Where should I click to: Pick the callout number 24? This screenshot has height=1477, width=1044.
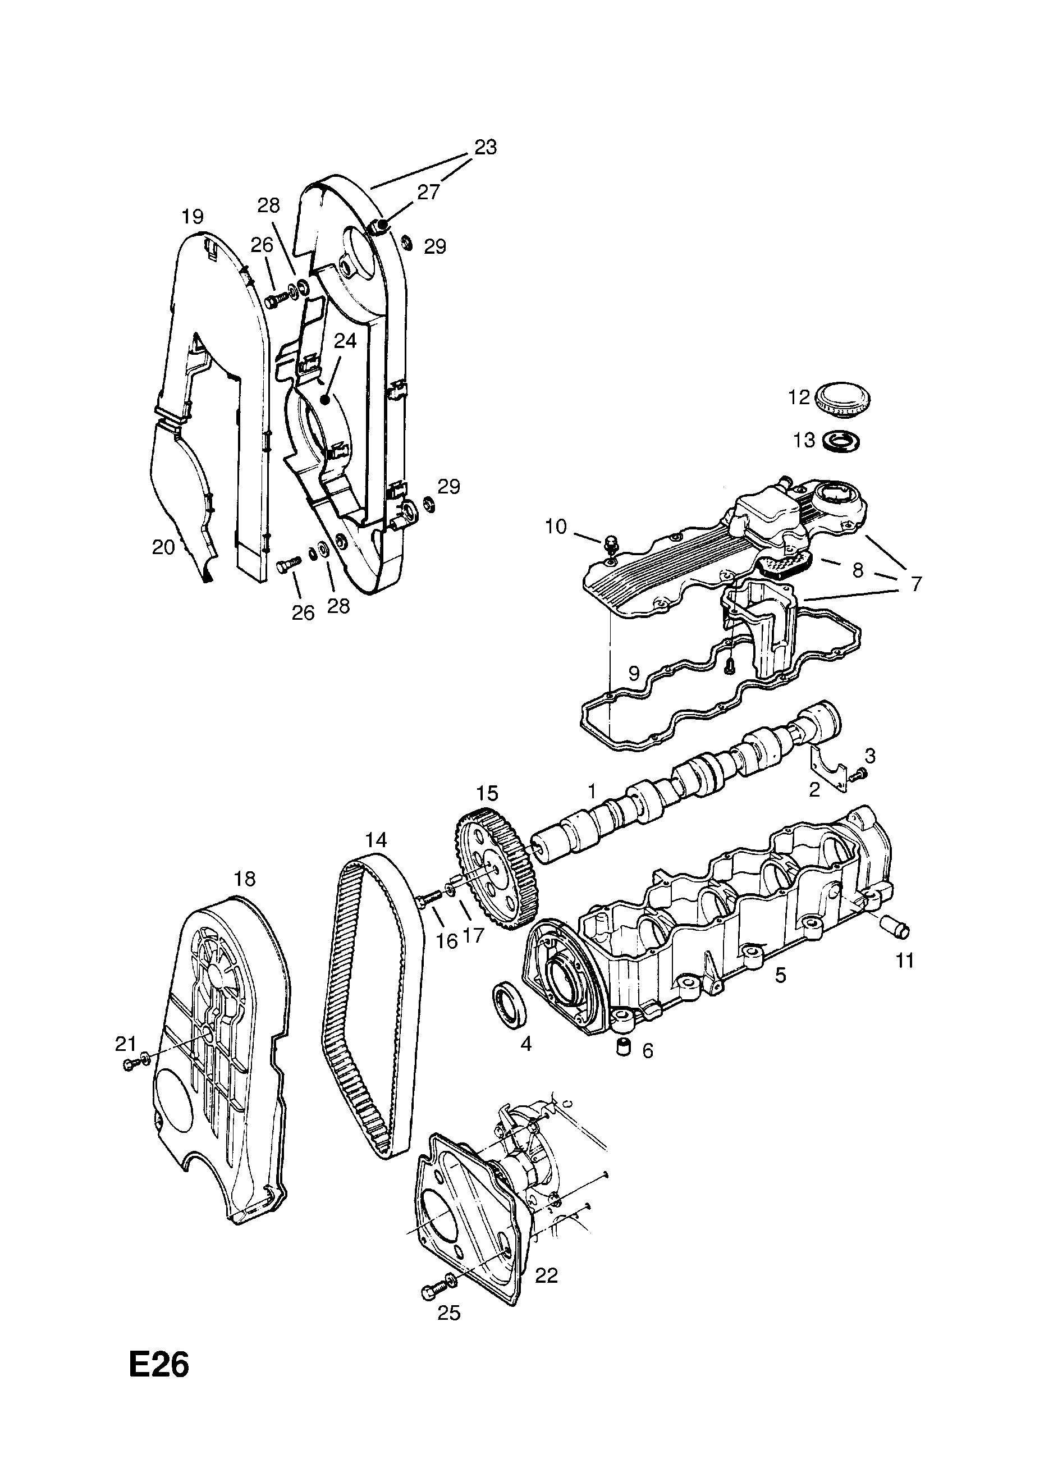coord(345,341)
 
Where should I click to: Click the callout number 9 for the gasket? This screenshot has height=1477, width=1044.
coord(634,673)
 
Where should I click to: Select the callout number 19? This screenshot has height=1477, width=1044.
coord(193,216)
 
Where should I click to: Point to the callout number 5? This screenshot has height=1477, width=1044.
coord(780,975)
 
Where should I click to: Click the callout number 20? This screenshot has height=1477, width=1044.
coord(163,547)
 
